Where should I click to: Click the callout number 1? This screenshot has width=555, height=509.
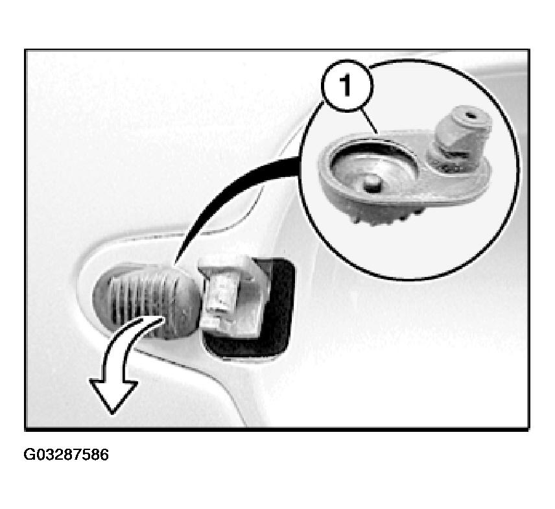pos(346,86)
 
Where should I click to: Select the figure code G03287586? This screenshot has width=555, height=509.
pos(66,455)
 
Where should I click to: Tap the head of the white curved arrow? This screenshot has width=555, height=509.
pos(113,396)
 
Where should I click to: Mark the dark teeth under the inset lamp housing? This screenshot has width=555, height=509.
pos(386,216)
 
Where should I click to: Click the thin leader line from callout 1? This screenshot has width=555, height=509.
pos(369,121)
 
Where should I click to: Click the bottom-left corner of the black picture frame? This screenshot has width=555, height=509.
pos(25,430)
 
